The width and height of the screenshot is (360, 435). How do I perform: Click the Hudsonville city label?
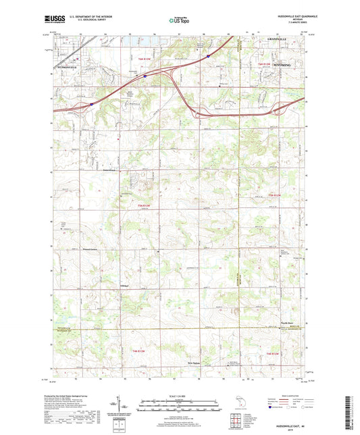click(67, 68)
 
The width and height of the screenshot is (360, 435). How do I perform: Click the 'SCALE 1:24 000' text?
click(180, 395)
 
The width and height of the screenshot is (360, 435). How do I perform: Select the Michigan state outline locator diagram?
click(234, 407)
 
